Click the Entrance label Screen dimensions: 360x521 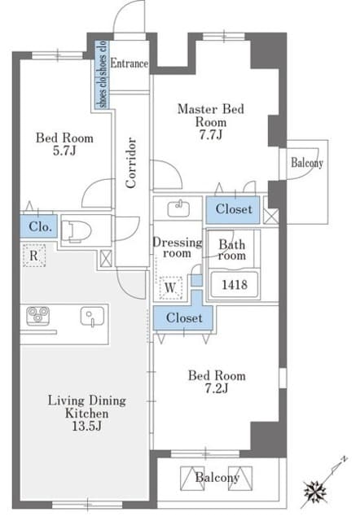tap(130, 63)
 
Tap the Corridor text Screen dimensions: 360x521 tap(131, 163)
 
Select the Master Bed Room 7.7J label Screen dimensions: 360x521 tap(211, 121)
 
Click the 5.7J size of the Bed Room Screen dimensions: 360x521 tap(64, 151)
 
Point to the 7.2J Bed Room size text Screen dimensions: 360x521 tap(217, 388)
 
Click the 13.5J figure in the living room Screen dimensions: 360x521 tap(87, 426)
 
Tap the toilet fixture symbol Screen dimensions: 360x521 tap(77, 230)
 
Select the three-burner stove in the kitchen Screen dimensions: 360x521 tap(38, 315)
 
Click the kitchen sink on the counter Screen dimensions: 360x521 tap(92, 316)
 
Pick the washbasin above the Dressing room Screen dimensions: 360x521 tap(178, 208)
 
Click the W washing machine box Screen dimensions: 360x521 tap(170, 287)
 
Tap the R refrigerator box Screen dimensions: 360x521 tap(34, 256)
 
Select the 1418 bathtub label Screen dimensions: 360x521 tap(235, 285)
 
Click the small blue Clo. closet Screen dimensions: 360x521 tap(38, 226)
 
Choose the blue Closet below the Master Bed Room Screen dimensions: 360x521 tap(233, 210)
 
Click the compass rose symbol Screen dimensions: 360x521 tap(314, 492)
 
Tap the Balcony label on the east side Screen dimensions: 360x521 tap(307, 163)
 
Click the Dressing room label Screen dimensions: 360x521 tap(178, 247)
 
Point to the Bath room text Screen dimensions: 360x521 tap(232, 250)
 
